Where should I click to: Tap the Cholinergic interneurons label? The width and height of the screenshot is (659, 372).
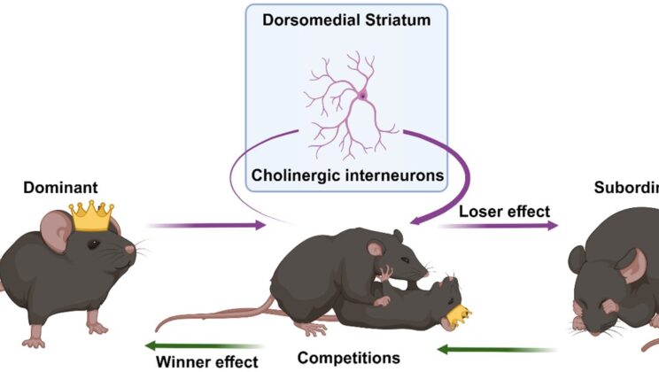click(346, 175)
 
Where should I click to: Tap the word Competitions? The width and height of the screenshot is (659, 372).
click(347, 358)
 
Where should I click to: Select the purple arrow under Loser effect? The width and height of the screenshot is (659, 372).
click(498, 226)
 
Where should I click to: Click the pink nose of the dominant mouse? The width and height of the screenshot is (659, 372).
click(131, 250)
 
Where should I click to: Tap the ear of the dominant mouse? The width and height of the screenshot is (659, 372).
click(62, 233)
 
